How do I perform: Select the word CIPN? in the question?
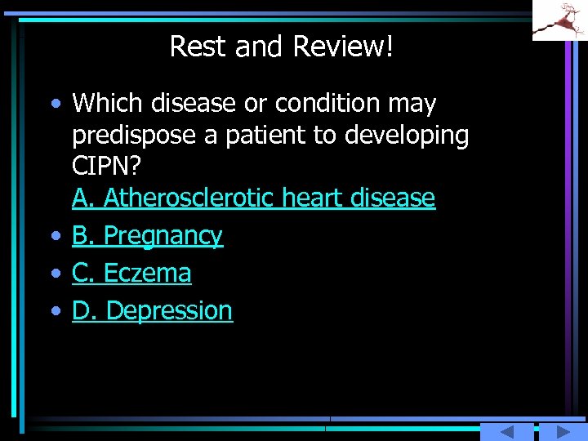pyautogui.click(x=106, y=166)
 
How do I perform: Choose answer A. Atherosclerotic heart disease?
pyautogui.click(x=253, y=198)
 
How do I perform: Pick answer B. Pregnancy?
pyautogui.click(x=147, y=236)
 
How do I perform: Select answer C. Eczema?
pyautogui.click(x=131, y=273)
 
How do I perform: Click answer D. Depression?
pyautogui.click(x=152, y=310)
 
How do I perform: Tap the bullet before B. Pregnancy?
pyautogui.click(x=54, y=236)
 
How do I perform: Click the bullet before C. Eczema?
pyautogui.click(x=54, y=274)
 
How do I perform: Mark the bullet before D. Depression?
pyautogui.click(x=54, y=311)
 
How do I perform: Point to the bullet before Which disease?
pyautogui.click(x=54, y=105)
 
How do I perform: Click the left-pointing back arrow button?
pyautogui.click(x=506, y=432)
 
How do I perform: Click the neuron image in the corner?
pyautogui.click(x=559, y=20)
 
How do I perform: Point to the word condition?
pyautogui.click(x=329, y=104)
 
